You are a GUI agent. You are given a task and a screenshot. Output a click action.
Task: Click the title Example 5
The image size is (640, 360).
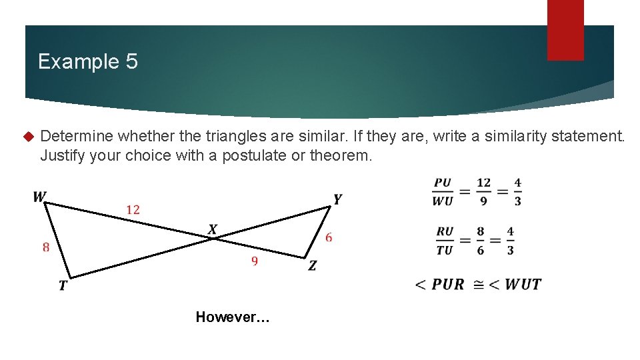click(88, 62)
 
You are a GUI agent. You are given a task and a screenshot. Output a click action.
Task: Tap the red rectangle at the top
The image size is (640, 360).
click(565, 29)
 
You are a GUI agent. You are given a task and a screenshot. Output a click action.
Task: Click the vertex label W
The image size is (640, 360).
click(39, 197)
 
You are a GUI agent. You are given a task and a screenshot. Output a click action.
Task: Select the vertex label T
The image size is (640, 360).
click(63, 285)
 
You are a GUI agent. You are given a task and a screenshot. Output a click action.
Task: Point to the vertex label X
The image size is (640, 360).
click(213, 230)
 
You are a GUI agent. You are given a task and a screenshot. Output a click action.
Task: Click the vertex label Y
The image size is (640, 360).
click(337, 199)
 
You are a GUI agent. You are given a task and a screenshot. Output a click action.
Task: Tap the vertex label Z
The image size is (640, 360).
click(312, 265)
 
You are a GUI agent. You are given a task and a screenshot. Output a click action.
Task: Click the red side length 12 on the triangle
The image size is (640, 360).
click(133, 210)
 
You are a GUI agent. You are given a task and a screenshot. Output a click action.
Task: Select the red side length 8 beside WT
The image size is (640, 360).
click(46, 247)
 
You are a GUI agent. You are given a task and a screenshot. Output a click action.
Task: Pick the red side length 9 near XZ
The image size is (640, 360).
click(255, 261)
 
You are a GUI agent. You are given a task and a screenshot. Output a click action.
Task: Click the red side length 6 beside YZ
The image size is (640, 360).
click(329, 237)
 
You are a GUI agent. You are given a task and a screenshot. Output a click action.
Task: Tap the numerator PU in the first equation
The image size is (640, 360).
click(443, 183)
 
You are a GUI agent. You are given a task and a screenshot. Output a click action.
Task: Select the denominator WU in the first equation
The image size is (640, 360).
click(443, 201)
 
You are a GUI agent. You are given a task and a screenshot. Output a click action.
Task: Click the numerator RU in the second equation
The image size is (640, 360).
click(445, 232)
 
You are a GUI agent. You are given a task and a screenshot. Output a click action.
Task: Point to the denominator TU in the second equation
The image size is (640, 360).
click(445, 250)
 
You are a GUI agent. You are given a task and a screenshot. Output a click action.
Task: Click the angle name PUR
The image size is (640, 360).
click(447, 285)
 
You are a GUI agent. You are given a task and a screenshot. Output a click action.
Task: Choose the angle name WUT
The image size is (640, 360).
click(523, 285)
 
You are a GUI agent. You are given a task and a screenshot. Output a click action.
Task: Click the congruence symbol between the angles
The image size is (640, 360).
click(479, 285)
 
